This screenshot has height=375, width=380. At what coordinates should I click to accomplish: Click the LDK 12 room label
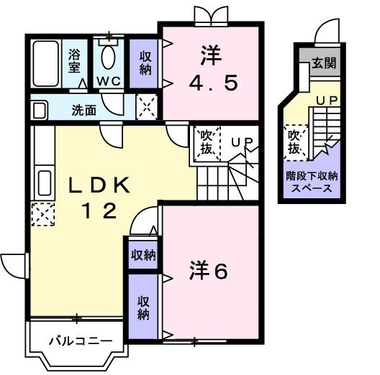coord(99,198)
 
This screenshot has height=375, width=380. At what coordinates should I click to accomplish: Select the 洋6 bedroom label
coord(209,271)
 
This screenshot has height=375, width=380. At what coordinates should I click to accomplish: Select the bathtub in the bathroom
coord(47,63)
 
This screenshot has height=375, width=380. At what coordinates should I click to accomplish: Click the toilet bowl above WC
coord(109,52)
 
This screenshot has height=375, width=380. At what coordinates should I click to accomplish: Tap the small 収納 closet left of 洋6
coord(141,254)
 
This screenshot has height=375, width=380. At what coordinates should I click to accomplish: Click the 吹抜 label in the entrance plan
coord(294,142)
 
